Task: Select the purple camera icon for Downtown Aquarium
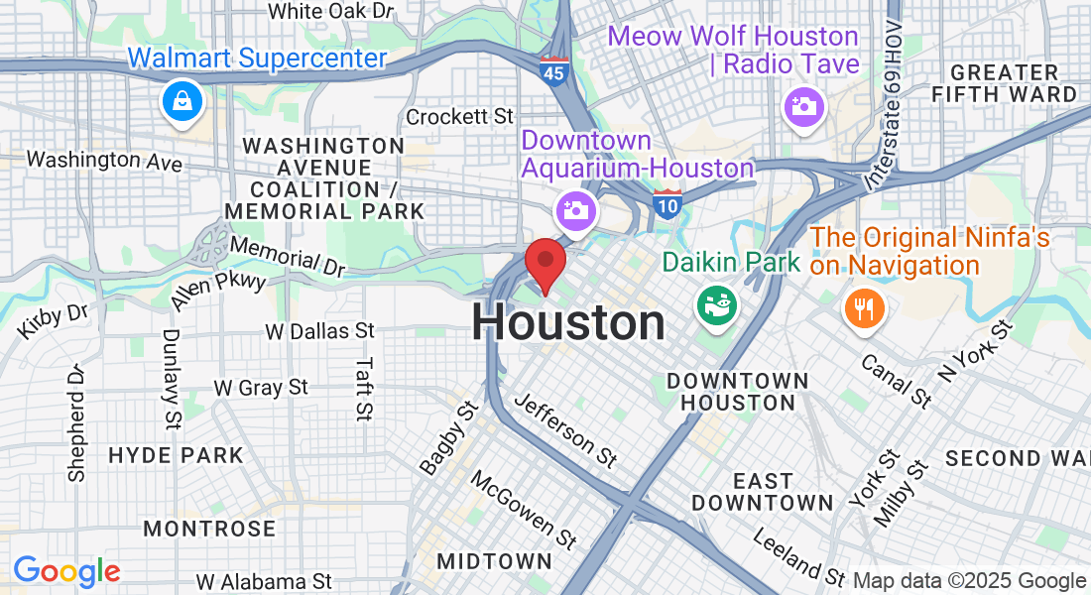click(574, 210)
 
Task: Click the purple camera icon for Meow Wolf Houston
click(802, 107)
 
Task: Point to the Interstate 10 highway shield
click(667, 204)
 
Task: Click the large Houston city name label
click(568, 323)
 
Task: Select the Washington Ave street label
click(104, 159)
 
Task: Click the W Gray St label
click(261, 387)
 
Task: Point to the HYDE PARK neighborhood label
click(176, 456)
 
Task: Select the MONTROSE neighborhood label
click(209, 529)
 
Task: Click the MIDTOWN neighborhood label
click(494, 561)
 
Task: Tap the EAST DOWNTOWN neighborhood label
click(763, 492)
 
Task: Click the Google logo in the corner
click(66, 571)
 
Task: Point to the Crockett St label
click(460, 117)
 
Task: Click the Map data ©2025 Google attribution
click(969, 581)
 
